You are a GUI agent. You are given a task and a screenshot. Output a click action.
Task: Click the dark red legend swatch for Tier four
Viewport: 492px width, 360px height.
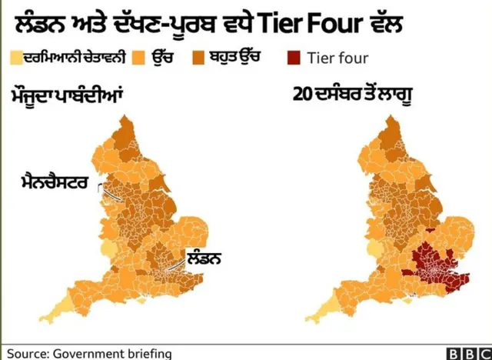(293, 58)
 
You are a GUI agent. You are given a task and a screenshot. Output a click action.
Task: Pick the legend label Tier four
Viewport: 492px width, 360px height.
(337, 58)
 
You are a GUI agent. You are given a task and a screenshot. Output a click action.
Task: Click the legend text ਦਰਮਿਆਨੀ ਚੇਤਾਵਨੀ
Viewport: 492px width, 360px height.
(73, 57)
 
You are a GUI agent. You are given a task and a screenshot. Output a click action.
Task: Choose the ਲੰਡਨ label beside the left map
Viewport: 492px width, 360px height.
(204, 258)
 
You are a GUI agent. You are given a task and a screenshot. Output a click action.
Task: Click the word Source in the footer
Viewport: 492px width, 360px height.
(27, 353)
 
